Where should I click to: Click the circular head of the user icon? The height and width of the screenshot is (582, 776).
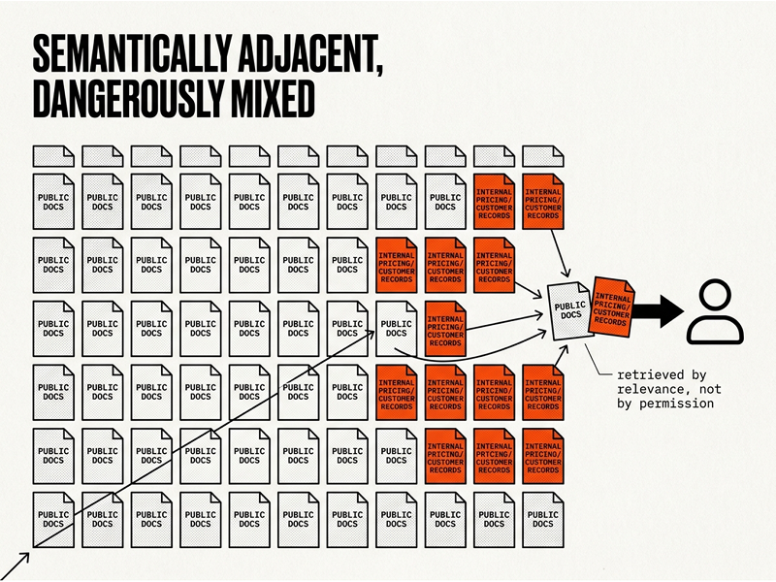click(x=715, y=296)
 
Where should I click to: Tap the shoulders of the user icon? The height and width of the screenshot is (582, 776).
click(x=715, y=329)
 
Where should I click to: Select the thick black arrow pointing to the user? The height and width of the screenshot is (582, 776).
click(x=659, y=311)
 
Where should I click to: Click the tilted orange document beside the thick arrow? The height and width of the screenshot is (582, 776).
click(x=612, y=307)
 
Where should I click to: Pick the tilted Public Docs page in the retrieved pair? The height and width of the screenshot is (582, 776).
click(x=569, y=310)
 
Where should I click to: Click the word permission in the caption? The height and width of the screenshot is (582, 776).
click(x=676, y=404)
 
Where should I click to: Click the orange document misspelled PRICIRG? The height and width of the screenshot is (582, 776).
click(x=397, y=393)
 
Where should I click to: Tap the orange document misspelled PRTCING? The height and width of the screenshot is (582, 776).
click(x=495, y=456)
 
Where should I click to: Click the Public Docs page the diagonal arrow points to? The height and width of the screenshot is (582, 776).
click(x=397, y=329)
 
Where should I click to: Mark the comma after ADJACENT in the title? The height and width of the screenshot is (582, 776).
click(x=379, y=71)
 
